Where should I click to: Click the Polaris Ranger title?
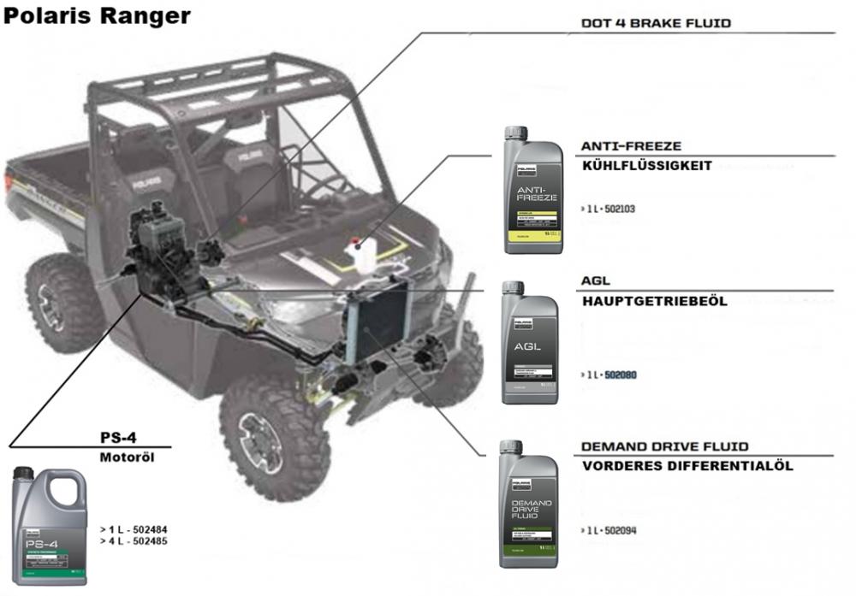[x=97, y=16]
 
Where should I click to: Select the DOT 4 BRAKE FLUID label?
[x=656, y=23]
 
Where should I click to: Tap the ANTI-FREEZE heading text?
[x=631, y=146]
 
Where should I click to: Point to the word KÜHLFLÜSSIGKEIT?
[x=646, y=166]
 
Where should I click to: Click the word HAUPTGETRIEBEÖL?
[x=654, y=302]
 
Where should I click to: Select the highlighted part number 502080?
[x=621, y=375]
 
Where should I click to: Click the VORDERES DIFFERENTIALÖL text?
[x=687, y=466]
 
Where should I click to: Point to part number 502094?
[x=620, y=530]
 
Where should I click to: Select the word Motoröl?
[x=126, y=457]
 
